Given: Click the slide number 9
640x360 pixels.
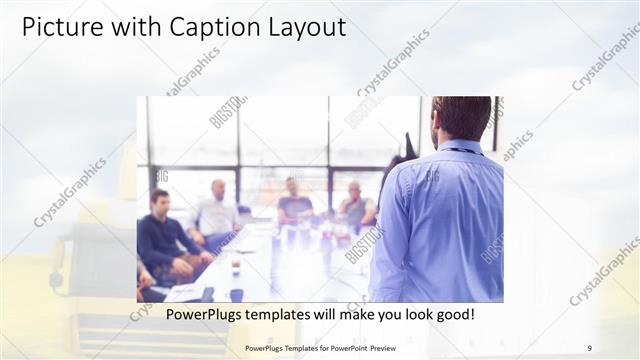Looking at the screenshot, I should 589,348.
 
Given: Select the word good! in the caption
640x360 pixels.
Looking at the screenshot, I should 452,315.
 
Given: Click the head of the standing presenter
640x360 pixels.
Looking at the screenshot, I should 462,117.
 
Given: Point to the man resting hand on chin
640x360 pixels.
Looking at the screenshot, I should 355,207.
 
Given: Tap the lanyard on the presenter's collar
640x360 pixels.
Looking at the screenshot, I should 463,151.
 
